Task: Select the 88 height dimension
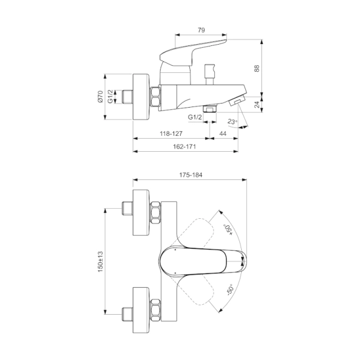(x=256, y=69)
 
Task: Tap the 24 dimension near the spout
(x=256, y=105)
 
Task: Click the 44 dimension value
(x=222, y=134)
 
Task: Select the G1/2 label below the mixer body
(x=195, y=118)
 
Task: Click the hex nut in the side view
(x=155, y=96)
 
